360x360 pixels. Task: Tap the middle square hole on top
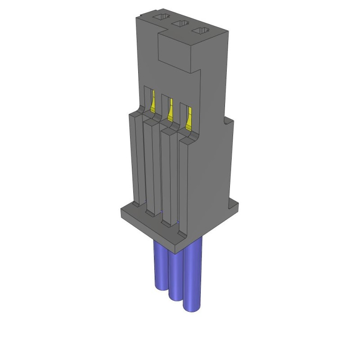pos(180,24)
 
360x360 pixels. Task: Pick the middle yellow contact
pos(170,110)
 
